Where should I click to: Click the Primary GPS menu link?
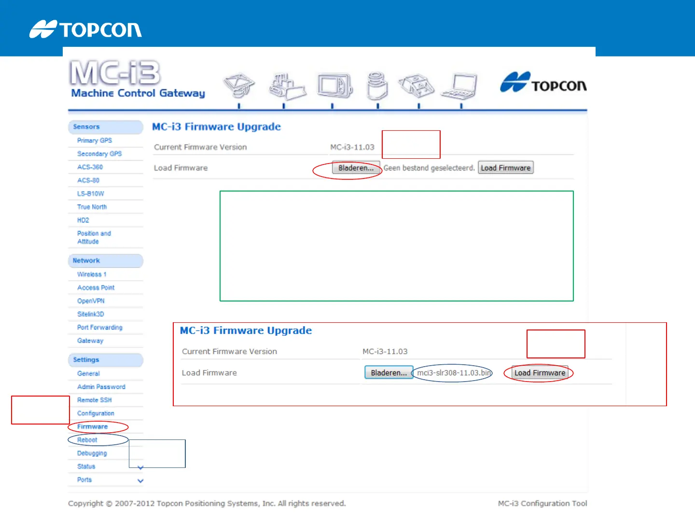point(95,140)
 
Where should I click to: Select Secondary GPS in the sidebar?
point(99,154)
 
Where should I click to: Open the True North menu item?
point(92,207)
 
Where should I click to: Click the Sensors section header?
point(86,127)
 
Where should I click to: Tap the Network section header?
point(86,260)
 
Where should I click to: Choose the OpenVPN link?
point(91,301)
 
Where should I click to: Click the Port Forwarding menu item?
point(100,328)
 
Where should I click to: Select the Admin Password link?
point(101,387)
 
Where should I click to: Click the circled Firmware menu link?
point(93,427)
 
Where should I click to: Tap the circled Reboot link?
point(87,440)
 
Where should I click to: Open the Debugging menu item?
point(92,453)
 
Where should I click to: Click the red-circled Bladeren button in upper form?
point(356,168)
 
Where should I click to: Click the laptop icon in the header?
point(460,86)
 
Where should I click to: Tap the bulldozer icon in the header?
point(287,87)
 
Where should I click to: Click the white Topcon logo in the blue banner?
point(85,29)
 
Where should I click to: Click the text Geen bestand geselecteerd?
point(429,168)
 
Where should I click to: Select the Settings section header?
point(86,360)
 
